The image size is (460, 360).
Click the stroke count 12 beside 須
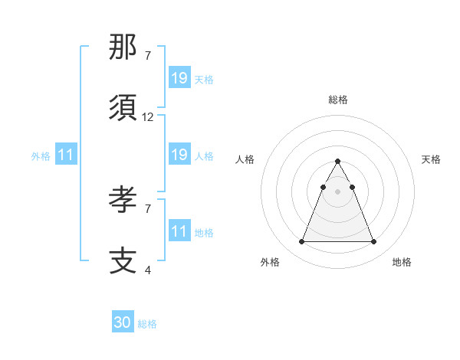(x=148, y=117)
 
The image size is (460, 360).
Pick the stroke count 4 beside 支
(x=148, y=270)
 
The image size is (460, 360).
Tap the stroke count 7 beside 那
(x=148, y=56)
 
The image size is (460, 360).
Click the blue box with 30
(x=123, y=323)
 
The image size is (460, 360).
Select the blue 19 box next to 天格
(x=179, y=78)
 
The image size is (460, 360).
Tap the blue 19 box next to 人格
(x=179, y=155)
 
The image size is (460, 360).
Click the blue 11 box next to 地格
(x=179, y=231)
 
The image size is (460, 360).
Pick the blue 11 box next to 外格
(x=66, y=155)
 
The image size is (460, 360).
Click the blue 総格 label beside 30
(x=147, y=324)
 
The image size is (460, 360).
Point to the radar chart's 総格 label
(x=338, y=100)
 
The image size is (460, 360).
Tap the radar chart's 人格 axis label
(x=246, y=159)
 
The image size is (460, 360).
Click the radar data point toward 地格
(x=374, y=242)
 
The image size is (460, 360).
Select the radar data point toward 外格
(x=301, y=242)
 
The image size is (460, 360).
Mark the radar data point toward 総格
(x=337, y=162)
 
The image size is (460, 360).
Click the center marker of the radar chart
(x=337, y=191)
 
